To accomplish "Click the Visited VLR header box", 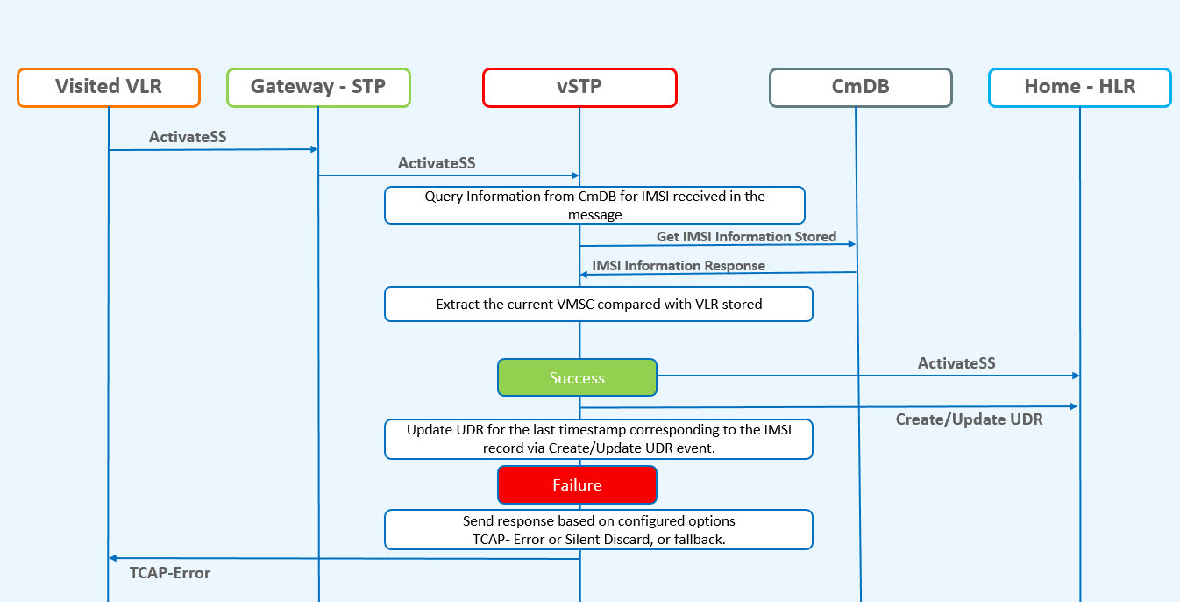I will click(x=109, y=87).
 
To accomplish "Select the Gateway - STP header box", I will click(x=318, y=87).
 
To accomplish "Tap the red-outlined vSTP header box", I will click(x=579, y=87).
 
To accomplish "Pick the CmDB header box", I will click(x=860, y=87).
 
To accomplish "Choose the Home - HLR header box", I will click(x=1079, y=87).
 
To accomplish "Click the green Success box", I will click(x=577, y=377).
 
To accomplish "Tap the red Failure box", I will click(x=577, y=484).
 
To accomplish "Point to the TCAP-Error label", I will click(x=170, y=573).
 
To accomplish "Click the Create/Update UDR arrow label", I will click(x=969, y=419).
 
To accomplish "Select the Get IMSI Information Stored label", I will click(x=746, y=236).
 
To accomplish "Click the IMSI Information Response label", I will click(x=679, y=265).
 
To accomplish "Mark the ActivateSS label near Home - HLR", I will click(x=956, y=362).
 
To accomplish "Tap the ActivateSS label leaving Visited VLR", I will click(x=189, y=136).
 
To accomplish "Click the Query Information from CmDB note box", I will click(x=594, y=205).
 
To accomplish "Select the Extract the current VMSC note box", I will click(x=599, y=305).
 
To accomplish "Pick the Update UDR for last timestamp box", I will click(x=599, y=439).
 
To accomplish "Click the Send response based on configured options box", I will click(x=599, y=529).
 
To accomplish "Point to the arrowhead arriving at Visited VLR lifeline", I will click(x=113, y=558).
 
